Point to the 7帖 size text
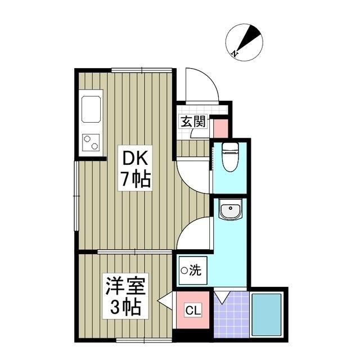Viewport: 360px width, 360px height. (134, 179)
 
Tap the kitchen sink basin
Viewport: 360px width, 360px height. (91, 109)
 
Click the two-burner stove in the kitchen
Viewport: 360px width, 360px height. (91, 142)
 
